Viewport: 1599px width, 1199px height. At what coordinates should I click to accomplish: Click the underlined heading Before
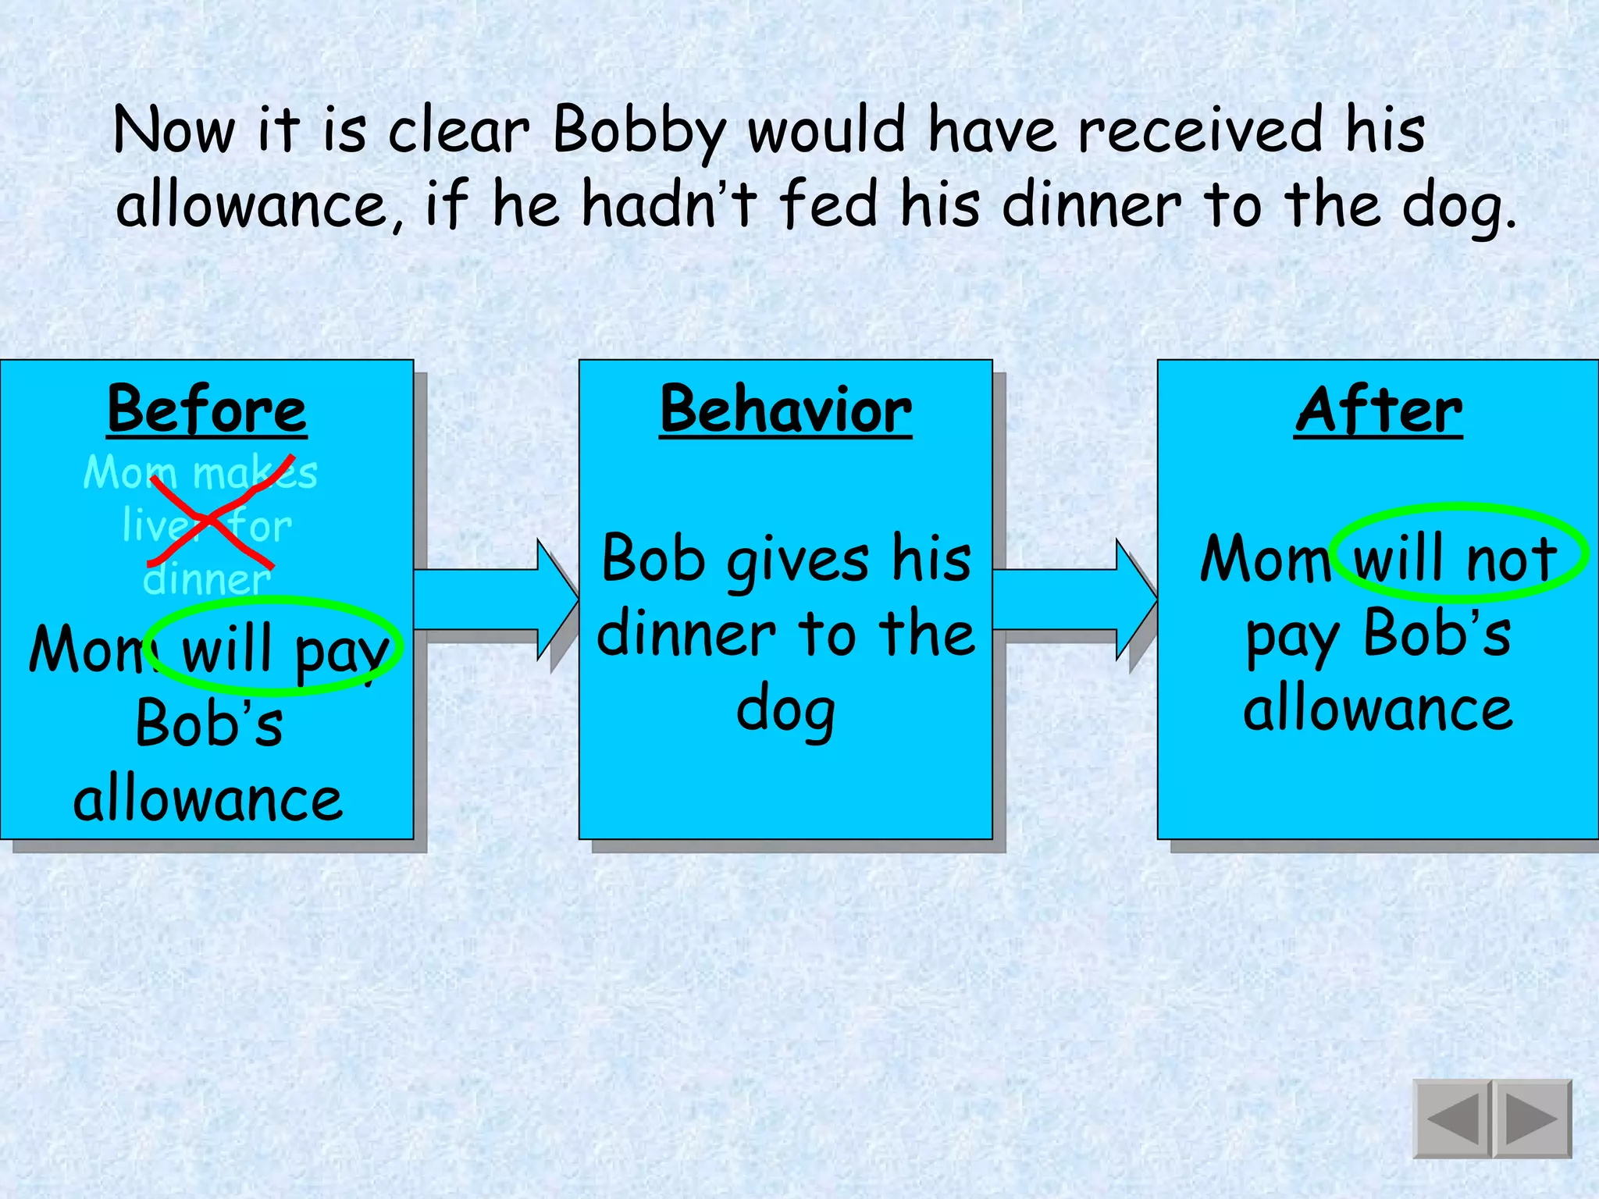click(207, 410)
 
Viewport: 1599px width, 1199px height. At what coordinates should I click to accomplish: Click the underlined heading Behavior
click(785, 410)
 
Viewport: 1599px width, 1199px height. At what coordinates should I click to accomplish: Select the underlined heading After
click(1378, 410)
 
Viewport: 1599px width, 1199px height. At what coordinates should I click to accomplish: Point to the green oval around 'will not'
click(1458, 507)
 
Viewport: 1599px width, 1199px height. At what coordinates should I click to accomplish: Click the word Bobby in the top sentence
click(639, 131)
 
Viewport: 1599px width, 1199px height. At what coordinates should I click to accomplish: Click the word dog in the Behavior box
click(785, 710)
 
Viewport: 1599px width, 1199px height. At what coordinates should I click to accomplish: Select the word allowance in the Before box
click(208, 799)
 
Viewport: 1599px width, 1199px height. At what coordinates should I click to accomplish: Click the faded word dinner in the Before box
click(207, 579)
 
